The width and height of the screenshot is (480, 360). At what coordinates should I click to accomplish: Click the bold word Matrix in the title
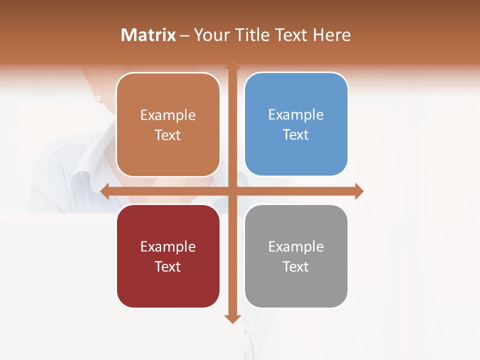pos(148,35)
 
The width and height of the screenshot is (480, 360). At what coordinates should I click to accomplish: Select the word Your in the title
pos(209,35)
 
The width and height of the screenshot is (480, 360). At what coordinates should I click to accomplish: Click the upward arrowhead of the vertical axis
pos(232,65)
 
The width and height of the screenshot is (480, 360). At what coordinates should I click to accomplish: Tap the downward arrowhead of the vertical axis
pos(232,318)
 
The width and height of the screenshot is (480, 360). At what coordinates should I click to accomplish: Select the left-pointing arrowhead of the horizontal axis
pos(105,191)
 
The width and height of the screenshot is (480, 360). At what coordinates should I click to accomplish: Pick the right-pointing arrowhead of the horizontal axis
pos(359,191)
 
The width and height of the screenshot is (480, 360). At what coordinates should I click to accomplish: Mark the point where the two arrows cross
pos(232,191)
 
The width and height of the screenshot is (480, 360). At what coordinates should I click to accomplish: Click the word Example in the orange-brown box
pos(168,115)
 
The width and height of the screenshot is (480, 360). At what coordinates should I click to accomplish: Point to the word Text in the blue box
pos(296,135)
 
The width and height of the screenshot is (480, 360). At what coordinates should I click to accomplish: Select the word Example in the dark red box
pos(168,247)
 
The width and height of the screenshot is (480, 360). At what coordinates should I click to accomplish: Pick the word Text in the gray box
pos(296,267)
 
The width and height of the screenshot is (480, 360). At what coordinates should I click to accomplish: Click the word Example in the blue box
pos(296,115)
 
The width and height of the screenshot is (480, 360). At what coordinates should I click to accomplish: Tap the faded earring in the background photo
pos(98,97)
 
